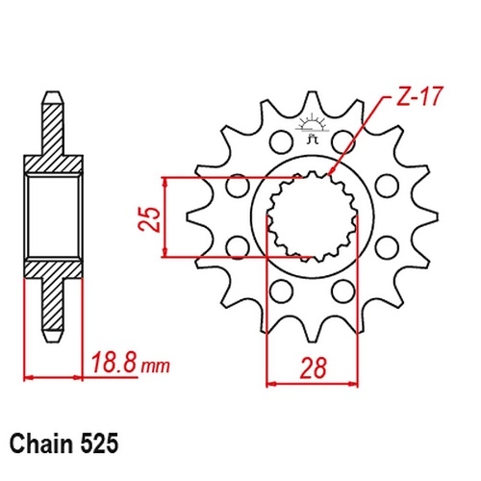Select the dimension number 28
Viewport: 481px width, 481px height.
click(313, 367)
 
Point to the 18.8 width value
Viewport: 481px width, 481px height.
click(114, 363)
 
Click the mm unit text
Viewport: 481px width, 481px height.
click(156, 367)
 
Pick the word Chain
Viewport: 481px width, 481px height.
click(41, 444)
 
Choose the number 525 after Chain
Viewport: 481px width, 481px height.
click(99, 444)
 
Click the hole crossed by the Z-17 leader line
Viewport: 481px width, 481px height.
click(343, 141)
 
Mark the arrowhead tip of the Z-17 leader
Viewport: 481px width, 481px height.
click(329, 175)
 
